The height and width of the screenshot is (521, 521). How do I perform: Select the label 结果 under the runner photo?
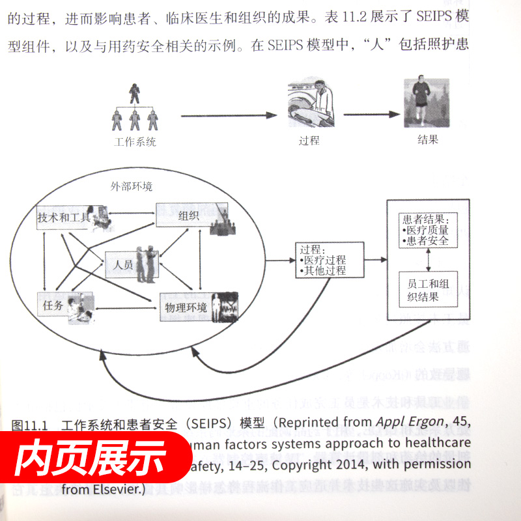coord(427,139)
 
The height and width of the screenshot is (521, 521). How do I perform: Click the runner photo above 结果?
coord(426,104)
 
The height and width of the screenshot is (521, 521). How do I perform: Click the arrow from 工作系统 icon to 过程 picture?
coord(228,116)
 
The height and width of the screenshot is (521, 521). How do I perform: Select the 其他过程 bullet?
coord(325,270)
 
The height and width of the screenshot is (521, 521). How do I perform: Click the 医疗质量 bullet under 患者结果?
coord(427,230)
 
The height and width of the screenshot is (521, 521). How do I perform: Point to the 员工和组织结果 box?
coord(427,290)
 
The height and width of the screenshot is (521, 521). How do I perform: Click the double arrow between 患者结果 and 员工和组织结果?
coord(427,259)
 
